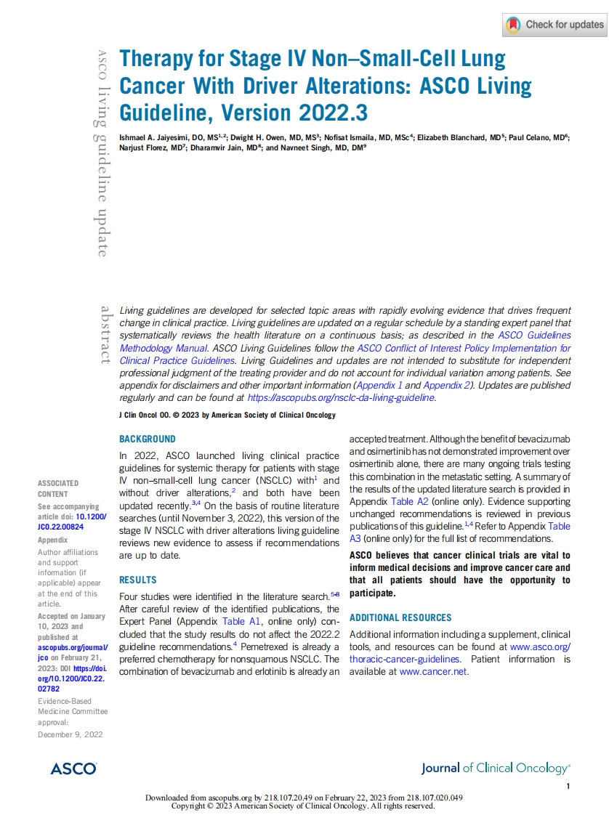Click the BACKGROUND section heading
147,439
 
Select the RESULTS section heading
137,580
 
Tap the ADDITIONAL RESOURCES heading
400,617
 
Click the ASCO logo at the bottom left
73,769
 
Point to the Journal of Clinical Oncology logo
496,768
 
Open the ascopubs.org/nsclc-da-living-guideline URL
341,397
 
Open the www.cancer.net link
434,671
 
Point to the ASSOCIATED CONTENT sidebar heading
58,488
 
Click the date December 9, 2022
70,734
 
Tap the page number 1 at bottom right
568,787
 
